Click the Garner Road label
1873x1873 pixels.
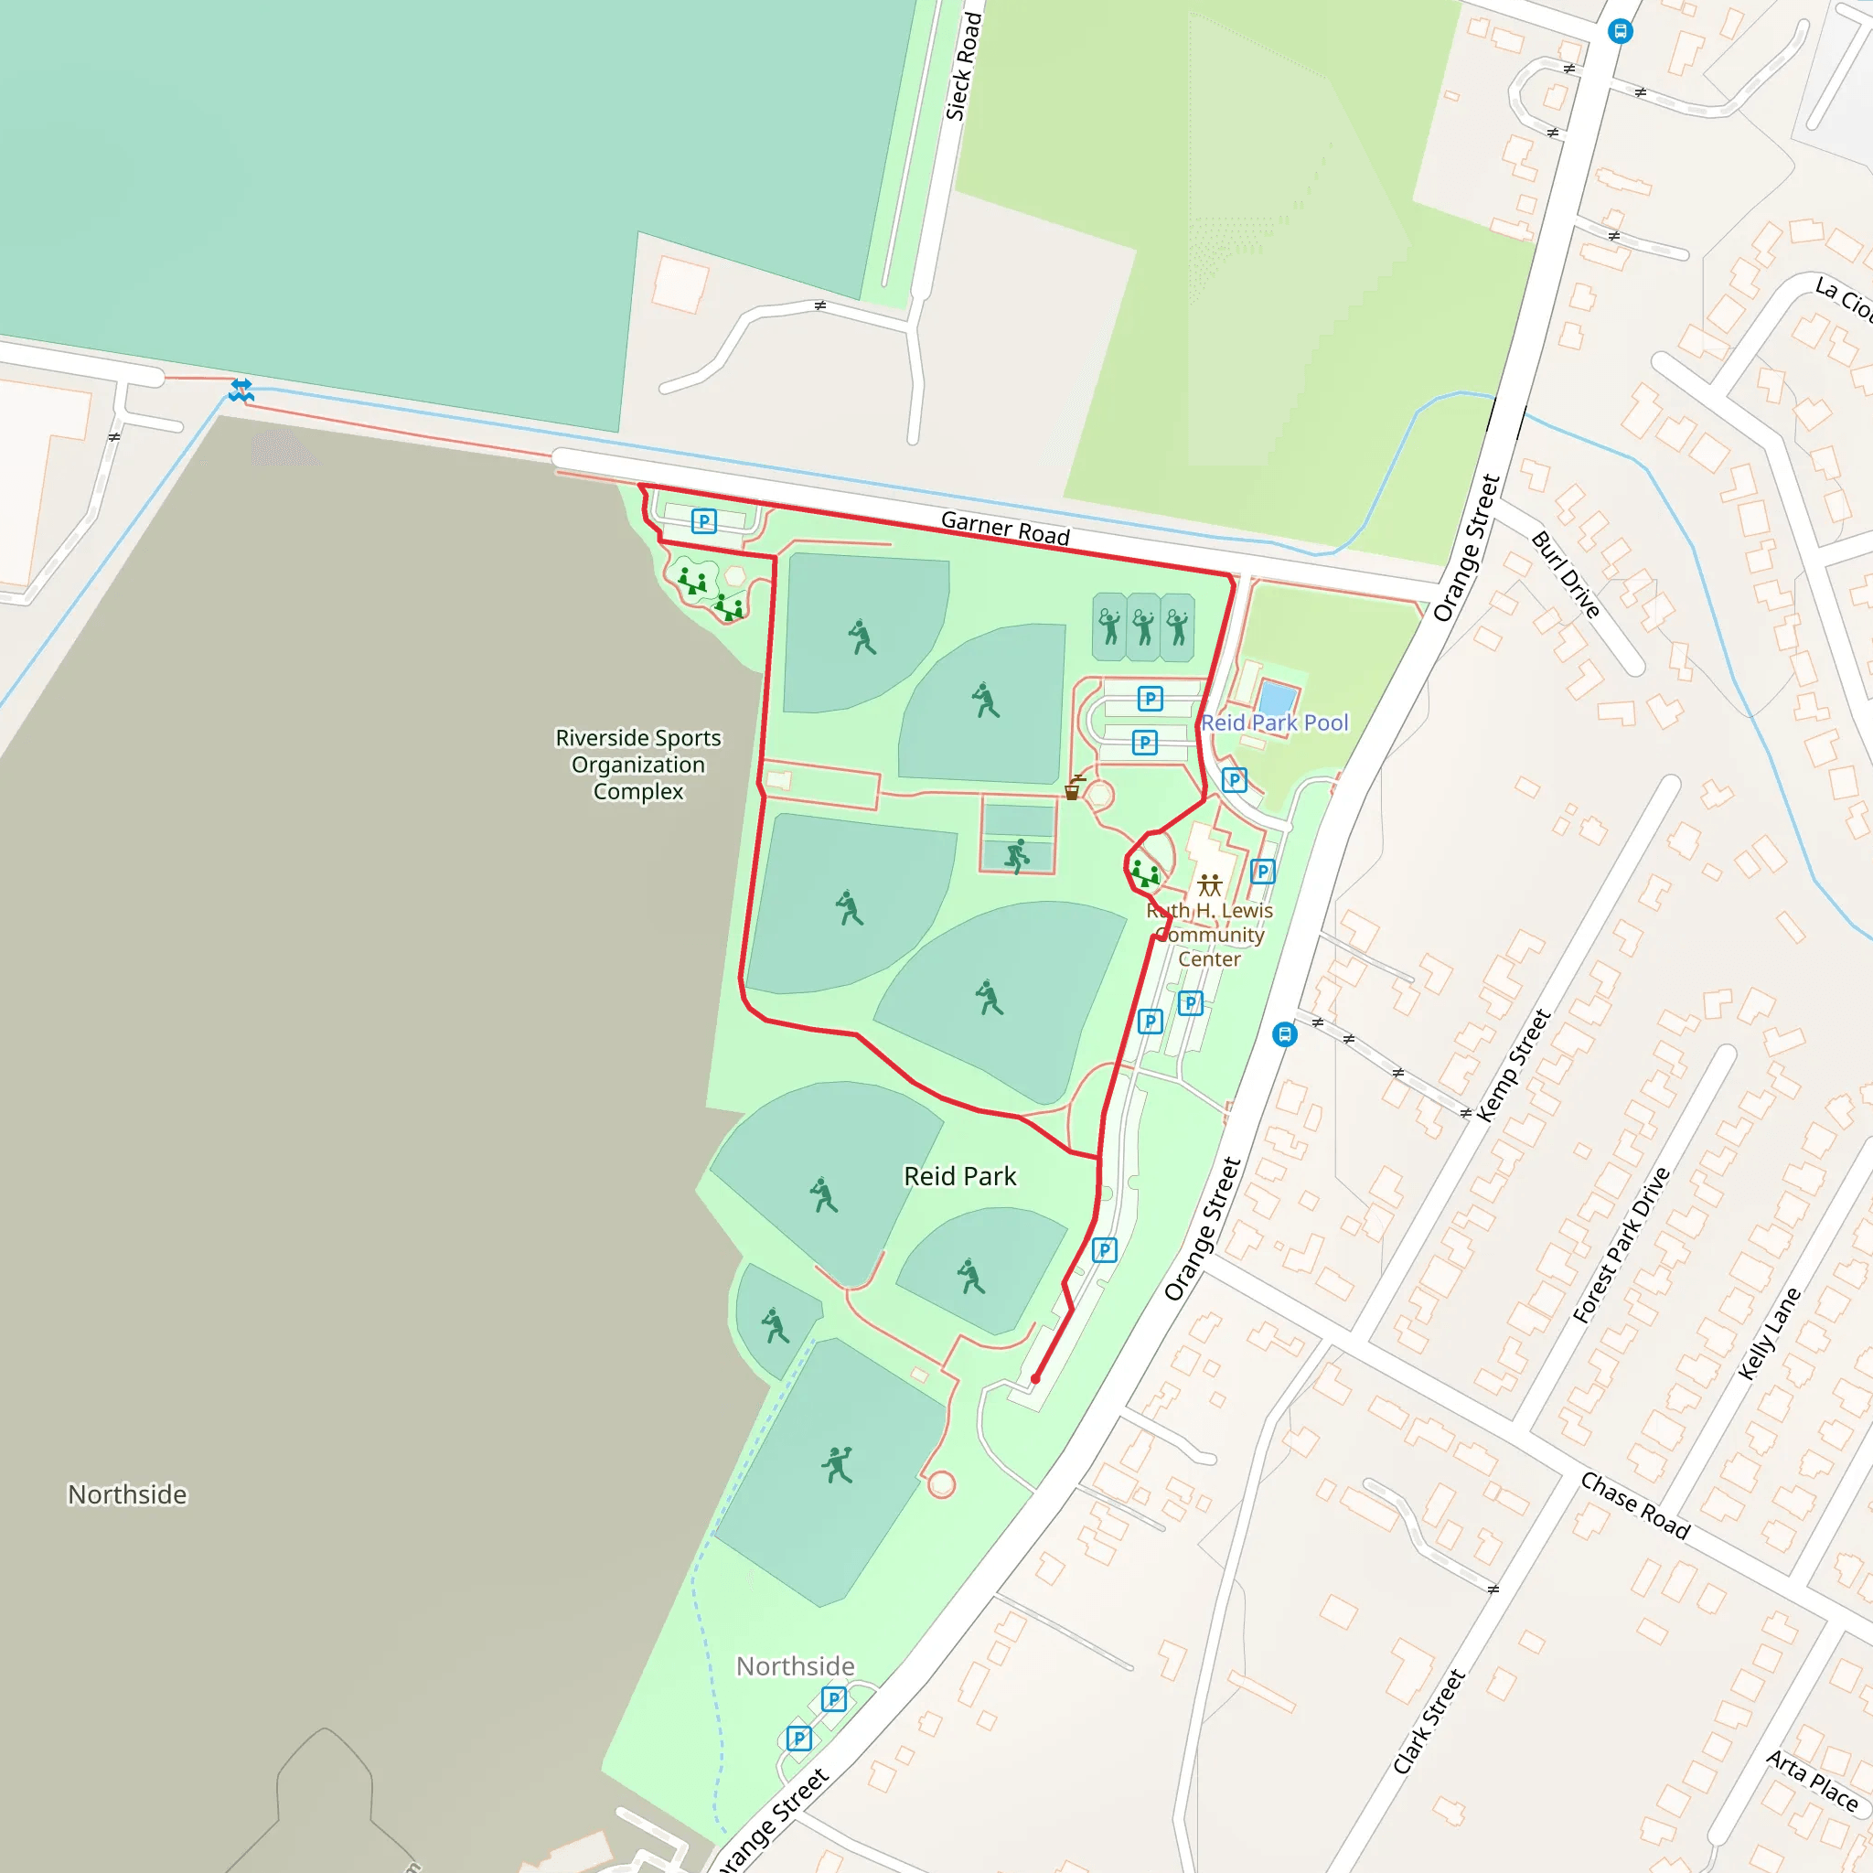pos(1005,528)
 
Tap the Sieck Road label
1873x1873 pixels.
pos(963,67)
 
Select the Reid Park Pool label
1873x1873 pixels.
pos(1274,723)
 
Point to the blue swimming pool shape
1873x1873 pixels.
pos(1278,698)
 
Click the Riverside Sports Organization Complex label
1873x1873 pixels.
pos(638,765)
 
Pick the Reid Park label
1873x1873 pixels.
pos(959,1176)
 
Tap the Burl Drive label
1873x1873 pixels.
pos(1565,575)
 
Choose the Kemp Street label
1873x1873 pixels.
pos(1514,1065)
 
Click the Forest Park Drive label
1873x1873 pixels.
pos(1621,1245)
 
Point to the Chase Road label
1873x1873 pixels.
pos(1634,1504)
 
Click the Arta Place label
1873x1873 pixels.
pos(1811,1781)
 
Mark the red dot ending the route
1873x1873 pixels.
pos(1035,1378)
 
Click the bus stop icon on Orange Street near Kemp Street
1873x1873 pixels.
pos(1285,1034)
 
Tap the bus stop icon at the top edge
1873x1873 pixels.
pos(1620,31)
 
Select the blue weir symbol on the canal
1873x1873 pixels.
pos(241,391)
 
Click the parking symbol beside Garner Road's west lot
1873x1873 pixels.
pos(704,521)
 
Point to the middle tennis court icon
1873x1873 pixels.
pos(1144,627)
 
